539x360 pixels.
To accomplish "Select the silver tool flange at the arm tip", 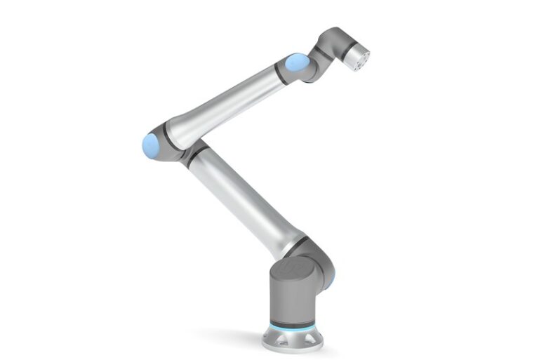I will [x=358, y=58].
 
